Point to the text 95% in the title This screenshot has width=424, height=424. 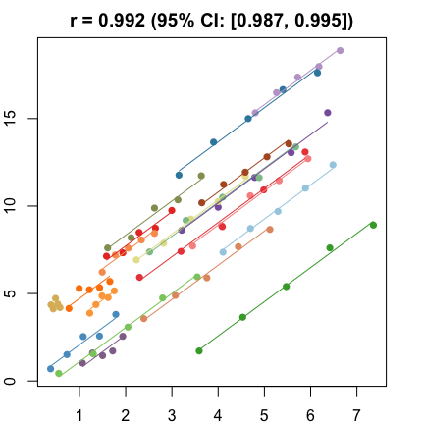(185, 20)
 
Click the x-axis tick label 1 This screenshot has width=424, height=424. (79, 415)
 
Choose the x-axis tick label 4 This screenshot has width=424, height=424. (218, 415)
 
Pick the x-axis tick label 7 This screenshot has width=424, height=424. (356, 415)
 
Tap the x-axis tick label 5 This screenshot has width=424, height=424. (264, 415)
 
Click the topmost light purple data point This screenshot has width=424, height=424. (340, 50)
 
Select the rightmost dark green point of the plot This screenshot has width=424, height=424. (373, 225)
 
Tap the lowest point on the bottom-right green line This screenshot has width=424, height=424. (199, 350)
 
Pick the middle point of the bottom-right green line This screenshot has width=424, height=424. (286, 287)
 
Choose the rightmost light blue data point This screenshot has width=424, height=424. (333, 165)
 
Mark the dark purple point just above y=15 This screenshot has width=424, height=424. (328, 113)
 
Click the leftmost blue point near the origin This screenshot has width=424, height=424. (51, 369)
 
